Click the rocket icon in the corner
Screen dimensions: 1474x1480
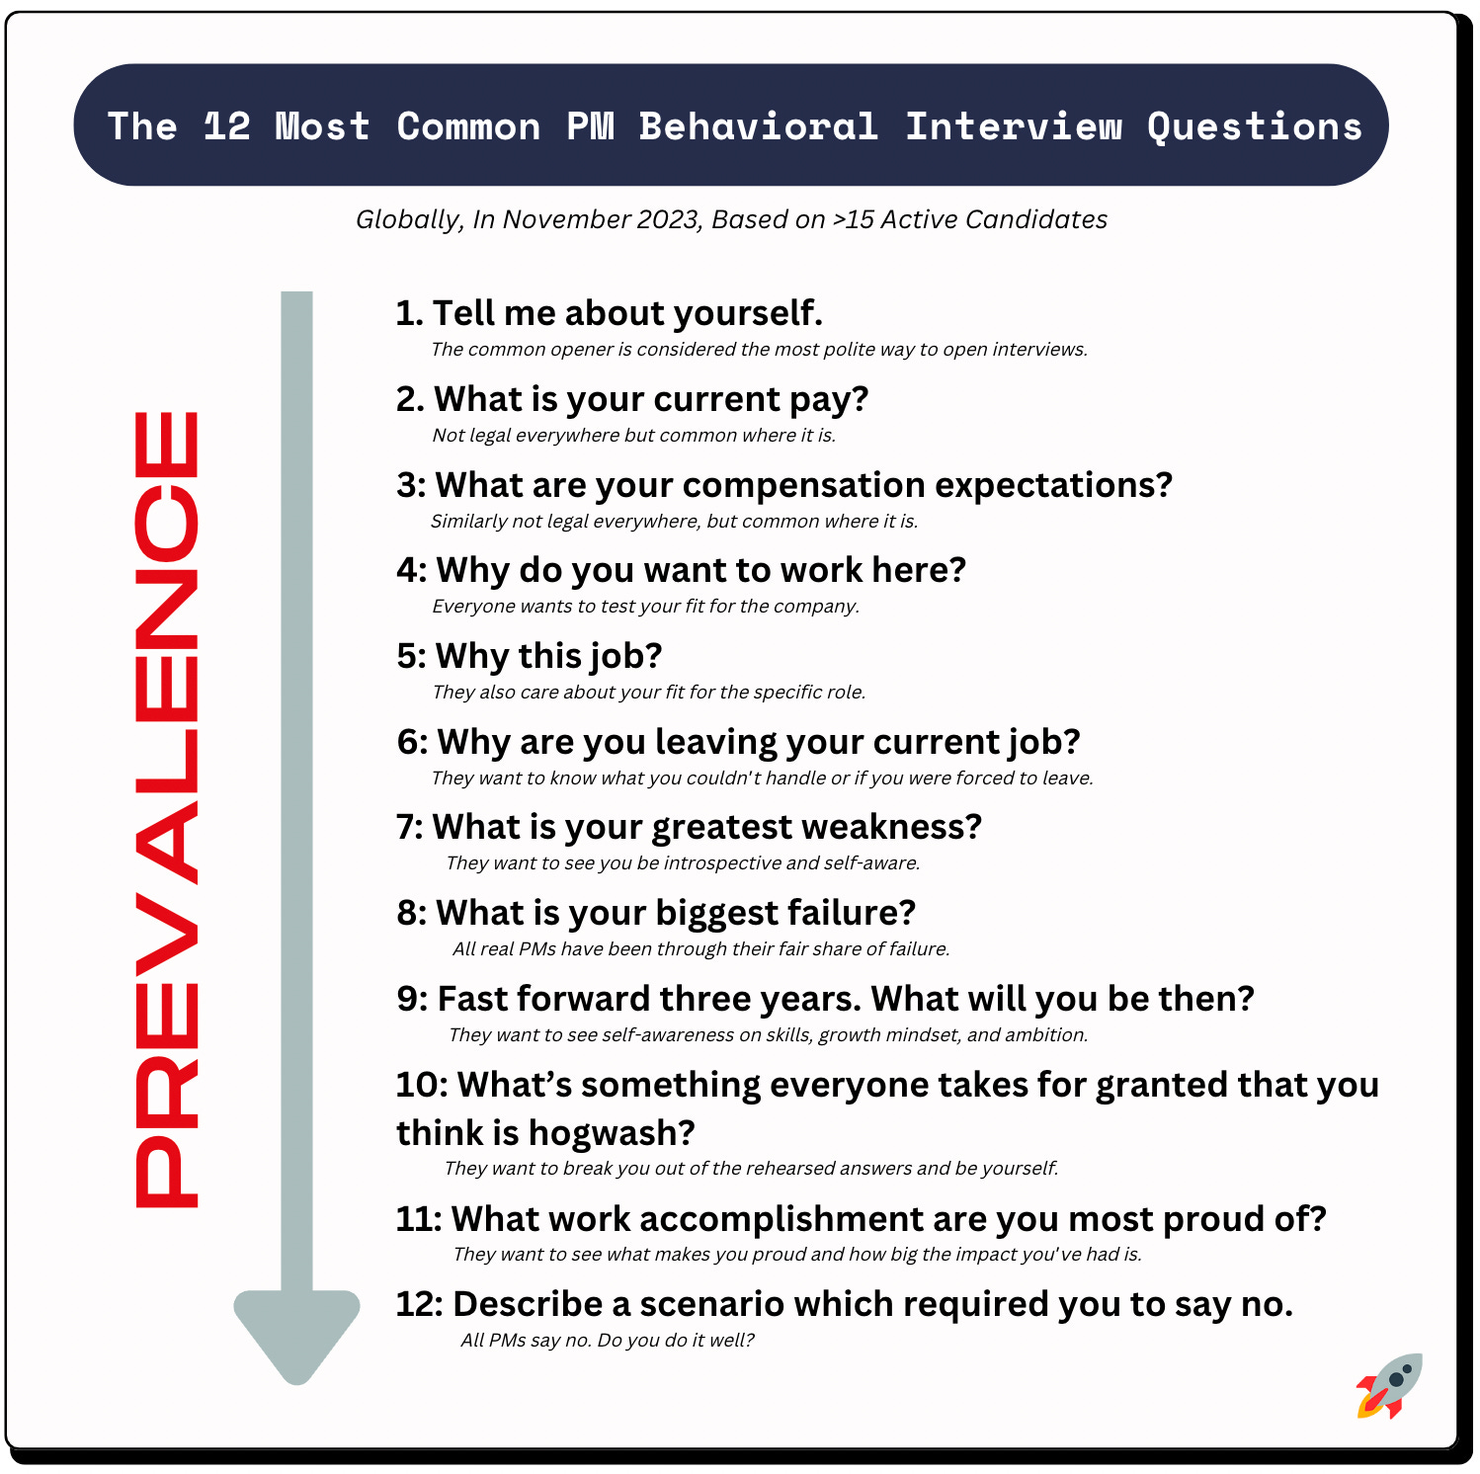tap(1390, 1385)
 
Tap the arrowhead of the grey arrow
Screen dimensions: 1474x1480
tap(296, 1333)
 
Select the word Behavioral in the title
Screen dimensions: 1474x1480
tap(758, 126)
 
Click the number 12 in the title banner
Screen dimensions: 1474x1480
tap(226, 126)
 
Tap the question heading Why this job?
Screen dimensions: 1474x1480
tap(530, 656)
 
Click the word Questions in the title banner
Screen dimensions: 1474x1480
tap(1254, 126)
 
